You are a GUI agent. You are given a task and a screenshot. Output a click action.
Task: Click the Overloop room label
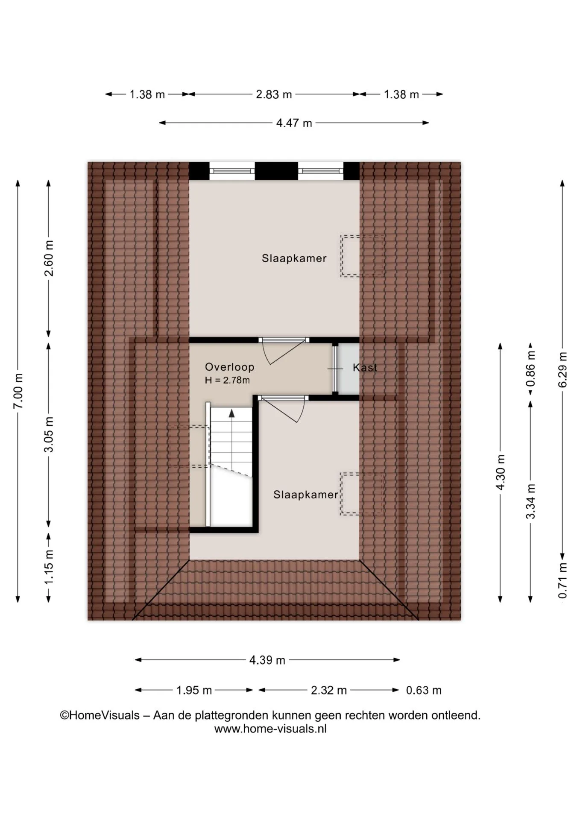pyautogui.click(x=229, y=367)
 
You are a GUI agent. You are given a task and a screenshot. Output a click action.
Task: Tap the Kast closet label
pyautogui.click(x=365, y=367)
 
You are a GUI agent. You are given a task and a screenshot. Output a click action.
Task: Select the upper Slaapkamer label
pyautogui.click(x=294, y=258)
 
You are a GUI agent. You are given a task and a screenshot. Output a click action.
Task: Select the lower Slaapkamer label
pyautogui.click(x=306, y=495)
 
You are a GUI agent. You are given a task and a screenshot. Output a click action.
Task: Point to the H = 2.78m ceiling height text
pyautogui.click(x=227, y=380)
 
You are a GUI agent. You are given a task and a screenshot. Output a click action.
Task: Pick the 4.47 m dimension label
pyautogui.click(x=294, y=123)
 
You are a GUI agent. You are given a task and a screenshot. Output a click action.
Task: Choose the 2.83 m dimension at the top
pyautogui.click(x=274, y=94)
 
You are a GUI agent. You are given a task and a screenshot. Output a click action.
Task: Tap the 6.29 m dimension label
pyautogui.click(x=562, y=370)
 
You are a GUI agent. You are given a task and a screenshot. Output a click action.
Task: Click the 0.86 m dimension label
pyautogui.click(x=530, y=369)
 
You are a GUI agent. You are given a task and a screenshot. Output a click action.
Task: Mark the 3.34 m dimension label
pyautogui.click(x=530, y=501)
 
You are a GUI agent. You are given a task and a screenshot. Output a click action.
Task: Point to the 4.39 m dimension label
pyautogui.click(x=267, y=660)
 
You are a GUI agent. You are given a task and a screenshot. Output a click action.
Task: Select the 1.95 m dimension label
pyautogui.click(x=194, y=690)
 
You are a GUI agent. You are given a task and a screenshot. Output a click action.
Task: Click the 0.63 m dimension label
pyautogui.click(x=424, y=690)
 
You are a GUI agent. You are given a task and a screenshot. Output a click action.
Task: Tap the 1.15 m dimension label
pyautogui.click(x=49, y=566)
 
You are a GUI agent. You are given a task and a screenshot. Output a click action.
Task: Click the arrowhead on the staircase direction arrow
pyautogui.click(x=231, y=413)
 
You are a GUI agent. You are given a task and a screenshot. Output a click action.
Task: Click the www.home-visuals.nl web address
pyautogui.click(x=270, y=729)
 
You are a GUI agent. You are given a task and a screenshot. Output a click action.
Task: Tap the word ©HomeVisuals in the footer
pyautogui.click(x=100, y=715)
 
